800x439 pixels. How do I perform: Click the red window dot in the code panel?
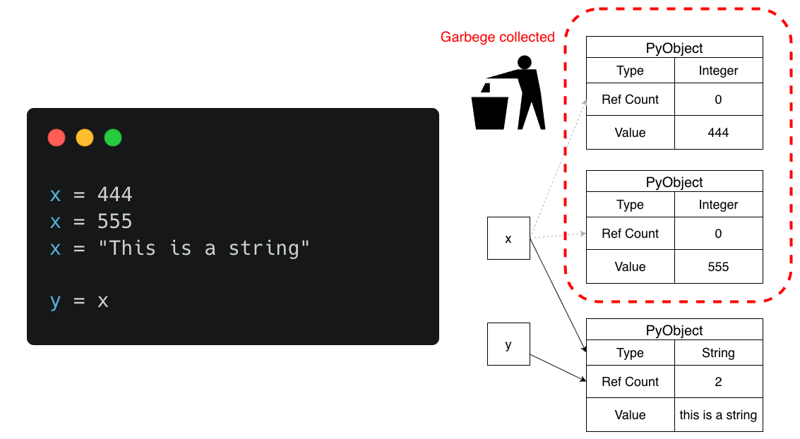coord(56,138)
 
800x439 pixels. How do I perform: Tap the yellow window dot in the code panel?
coord(85,138)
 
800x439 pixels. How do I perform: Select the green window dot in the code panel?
coord(113,138)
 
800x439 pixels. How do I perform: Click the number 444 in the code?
coord(114,194)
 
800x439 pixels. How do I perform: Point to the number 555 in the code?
coord(114,222)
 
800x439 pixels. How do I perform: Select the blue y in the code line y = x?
coord(56,301)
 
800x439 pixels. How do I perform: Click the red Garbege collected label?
coord(497,37)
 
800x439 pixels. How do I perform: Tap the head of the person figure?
coord(524,63)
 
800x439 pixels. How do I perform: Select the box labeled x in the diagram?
coord(508,239)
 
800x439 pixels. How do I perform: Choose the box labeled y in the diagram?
coord(508,344)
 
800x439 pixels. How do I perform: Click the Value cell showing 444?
coord(718,133)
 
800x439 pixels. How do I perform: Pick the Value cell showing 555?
coord(718,267)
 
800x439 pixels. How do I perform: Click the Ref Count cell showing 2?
coord(718,382)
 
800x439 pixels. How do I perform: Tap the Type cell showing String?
coord(718,353)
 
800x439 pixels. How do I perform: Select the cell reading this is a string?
coord(718,415)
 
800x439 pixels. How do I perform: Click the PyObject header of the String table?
coord(674,330)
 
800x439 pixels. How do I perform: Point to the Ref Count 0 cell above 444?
coord(718,100)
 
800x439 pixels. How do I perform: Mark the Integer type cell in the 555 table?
coord(718,205)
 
